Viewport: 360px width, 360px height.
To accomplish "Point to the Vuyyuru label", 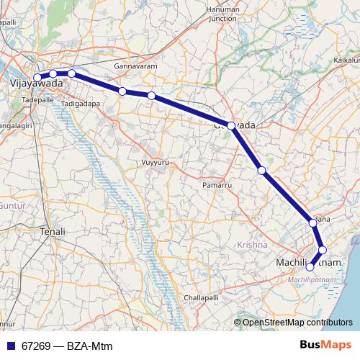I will point(156,162).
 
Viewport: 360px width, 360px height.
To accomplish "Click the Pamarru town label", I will point(215,185).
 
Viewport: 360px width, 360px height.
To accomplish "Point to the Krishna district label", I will point(251,246).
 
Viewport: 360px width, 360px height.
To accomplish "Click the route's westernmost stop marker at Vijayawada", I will point(37,77).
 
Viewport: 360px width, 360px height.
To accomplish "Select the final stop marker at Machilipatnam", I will point(310,267).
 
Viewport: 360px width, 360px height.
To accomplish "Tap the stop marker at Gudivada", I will point(231,125).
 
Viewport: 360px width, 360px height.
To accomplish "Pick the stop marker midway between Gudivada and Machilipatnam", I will point(262,171).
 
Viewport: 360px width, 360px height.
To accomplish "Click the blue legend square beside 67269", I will point(10,345).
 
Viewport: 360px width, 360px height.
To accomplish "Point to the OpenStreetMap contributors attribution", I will point(297,322).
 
